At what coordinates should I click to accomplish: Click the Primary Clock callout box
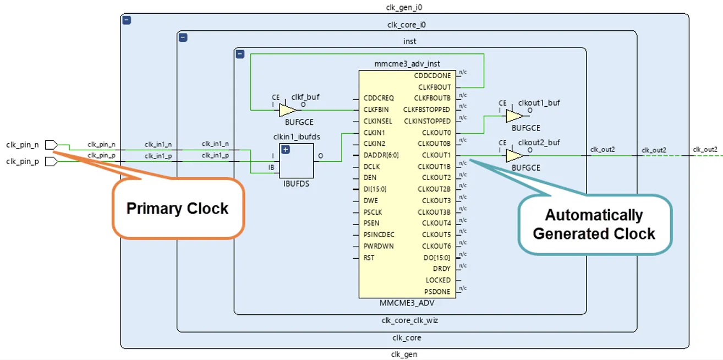pos(178,209)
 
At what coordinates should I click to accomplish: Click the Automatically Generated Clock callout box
pos(594,224)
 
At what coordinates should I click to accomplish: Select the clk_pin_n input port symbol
pos(51,145)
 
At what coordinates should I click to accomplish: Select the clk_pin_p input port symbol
pos(51,162)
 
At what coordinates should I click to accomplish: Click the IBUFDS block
pos(297,160)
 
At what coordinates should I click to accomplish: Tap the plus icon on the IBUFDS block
pos(286,150)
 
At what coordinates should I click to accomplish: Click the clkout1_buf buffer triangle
pos(514,116)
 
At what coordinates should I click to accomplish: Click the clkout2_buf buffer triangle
pos(514,156)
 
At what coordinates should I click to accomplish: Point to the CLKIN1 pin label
pos(374,133)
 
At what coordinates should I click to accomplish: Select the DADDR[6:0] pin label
pos(381,155)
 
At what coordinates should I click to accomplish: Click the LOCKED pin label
pos(438,280)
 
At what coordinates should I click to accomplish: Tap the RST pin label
pos(369,258)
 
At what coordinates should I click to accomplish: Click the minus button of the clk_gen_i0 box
pos(127,20)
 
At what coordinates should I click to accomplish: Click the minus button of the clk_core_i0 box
pos(183,37)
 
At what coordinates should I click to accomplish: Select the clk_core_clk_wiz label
pos(410,320)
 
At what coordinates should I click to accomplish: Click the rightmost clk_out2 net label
pos(705,150)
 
